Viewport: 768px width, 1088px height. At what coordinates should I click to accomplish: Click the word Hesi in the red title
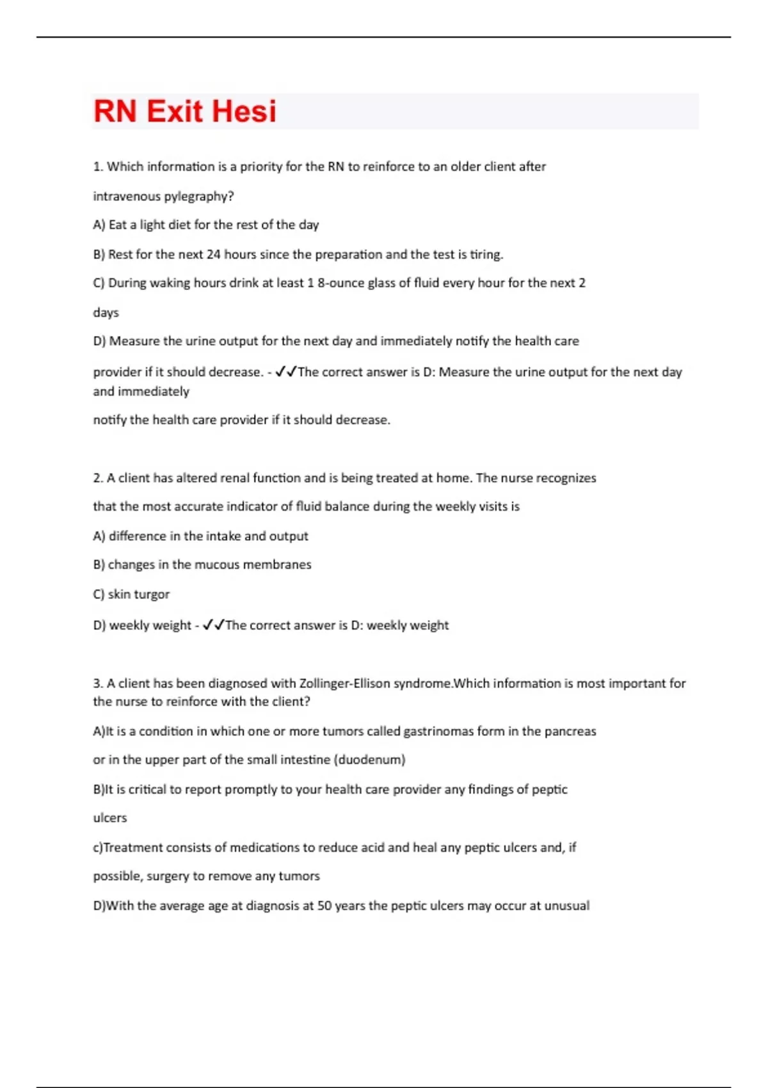pos(244,111)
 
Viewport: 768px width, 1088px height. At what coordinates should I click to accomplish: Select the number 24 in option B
pos(213,254)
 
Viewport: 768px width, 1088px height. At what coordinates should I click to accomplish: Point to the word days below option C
pos(106,312)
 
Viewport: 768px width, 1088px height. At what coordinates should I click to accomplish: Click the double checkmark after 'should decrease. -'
pos(285,372)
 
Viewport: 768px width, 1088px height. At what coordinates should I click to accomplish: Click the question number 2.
pos(97,478)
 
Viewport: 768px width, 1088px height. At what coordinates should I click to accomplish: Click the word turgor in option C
pos(152,594)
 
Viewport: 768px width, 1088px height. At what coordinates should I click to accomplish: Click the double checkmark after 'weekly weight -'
pos(213,625)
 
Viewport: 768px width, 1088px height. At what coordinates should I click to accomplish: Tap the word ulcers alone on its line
pos(110,818)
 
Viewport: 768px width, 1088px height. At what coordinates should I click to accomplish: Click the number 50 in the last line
pos(324,906)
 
